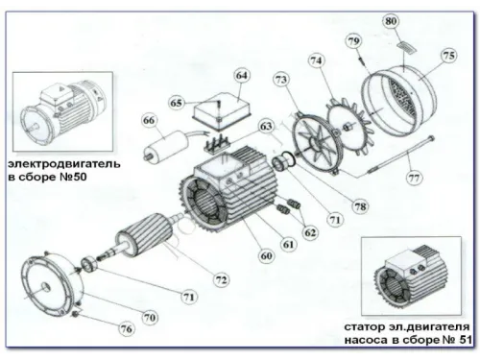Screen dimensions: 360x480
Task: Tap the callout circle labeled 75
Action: point(448,57)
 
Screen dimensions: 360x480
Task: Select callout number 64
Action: point(242,75)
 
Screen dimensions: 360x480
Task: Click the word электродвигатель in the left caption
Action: point(60,164)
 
